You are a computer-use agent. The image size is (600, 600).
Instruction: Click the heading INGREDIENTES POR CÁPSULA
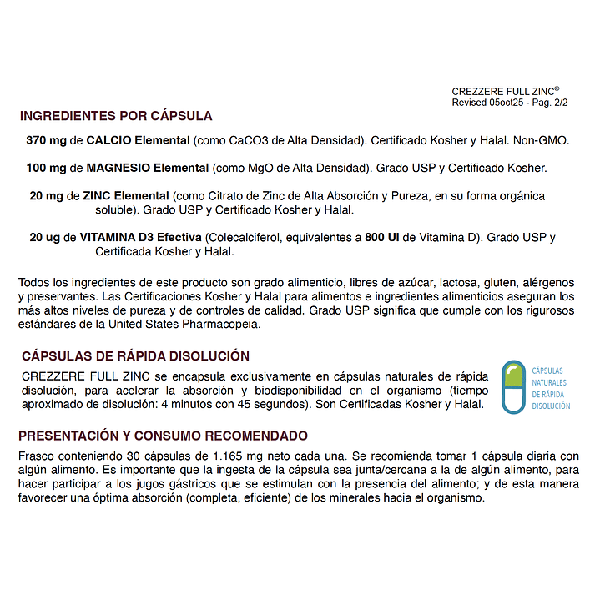116,116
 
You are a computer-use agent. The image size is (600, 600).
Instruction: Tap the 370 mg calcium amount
46,141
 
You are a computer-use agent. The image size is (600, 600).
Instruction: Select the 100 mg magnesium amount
46,168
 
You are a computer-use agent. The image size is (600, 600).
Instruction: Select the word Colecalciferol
245,238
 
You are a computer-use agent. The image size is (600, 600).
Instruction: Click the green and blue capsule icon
513,387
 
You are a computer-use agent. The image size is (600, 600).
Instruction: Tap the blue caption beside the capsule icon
551,388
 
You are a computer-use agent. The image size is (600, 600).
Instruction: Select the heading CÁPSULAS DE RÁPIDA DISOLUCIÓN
134,355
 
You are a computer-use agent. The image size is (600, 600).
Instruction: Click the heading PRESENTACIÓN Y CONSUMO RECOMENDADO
163,436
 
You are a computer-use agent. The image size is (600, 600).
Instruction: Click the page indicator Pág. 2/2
547,103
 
